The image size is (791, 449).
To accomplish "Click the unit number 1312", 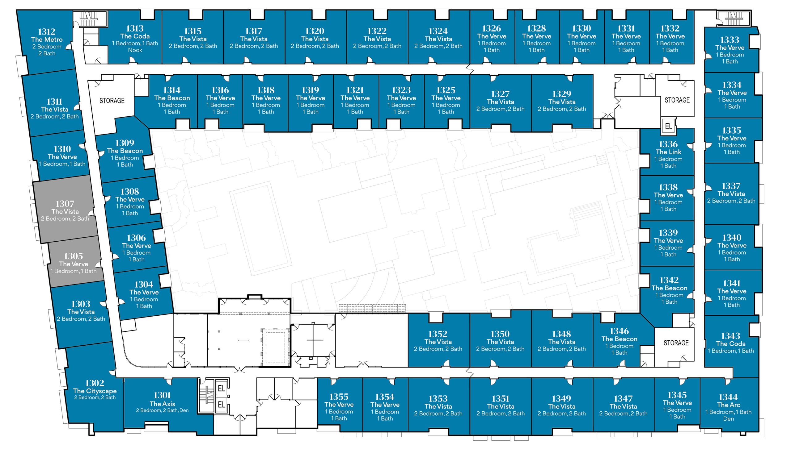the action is pos(47,31).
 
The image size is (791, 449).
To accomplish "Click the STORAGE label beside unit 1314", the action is pos(112,101).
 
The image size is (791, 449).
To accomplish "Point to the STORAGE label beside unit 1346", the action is pos(676,343).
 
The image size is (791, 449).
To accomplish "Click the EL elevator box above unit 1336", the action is pos(668,126).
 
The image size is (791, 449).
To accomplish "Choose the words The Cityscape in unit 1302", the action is pos(95,391).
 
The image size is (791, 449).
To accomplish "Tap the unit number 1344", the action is pos(728,397).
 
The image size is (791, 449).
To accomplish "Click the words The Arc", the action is pos(728,405).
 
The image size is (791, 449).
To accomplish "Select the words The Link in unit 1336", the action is pos(668,152).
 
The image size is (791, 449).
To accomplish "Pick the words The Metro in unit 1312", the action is pos(47,39).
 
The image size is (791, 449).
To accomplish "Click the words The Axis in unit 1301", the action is pos(162,404).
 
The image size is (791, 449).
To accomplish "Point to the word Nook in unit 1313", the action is pos(135,50).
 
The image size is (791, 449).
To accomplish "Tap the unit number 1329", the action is pos(562,94).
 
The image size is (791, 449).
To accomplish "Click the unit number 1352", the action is pos(438,334).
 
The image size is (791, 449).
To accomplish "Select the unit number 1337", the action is pos(731,186).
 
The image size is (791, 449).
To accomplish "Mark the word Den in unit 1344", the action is pos(728,419).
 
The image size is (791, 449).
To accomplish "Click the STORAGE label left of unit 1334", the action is pos(677,100).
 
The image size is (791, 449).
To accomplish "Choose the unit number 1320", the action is pos(315,31).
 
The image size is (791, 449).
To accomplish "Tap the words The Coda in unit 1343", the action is pos(731,344).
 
